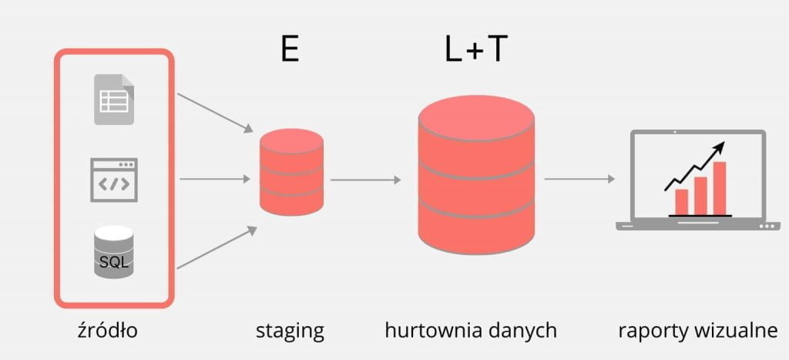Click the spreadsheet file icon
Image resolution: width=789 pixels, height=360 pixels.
[114, 99]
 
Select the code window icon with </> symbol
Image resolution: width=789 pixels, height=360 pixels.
[114, 180]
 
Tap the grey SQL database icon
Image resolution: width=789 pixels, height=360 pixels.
[114, 252]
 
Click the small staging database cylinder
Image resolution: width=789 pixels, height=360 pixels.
[291, 172]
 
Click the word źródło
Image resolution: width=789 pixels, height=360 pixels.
[108, 331]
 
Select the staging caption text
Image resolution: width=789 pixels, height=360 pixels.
[290, 332]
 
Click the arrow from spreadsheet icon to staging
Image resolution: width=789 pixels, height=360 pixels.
[216, 113]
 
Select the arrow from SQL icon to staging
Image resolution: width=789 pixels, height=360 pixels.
[217, 247]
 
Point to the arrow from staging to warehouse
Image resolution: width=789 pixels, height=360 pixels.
[366, 180]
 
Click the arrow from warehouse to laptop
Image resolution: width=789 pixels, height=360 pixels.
[579, 179]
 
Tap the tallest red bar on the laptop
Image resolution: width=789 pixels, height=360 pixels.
[719, 188]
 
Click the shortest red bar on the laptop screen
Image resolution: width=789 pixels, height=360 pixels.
[681, 202]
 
